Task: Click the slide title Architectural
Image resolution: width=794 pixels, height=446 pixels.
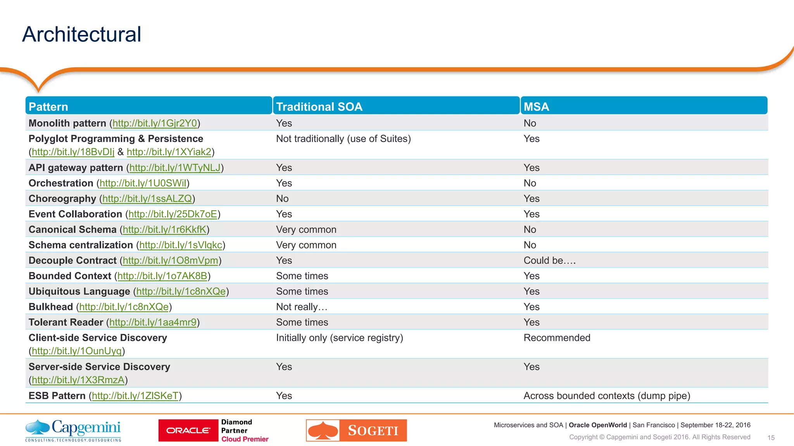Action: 82,34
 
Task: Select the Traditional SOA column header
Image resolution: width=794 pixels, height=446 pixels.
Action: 319,106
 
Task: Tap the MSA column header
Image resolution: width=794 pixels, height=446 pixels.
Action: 536,106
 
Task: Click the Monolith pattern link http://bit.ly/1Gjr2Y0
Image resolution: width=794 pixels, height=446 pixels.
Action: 155,123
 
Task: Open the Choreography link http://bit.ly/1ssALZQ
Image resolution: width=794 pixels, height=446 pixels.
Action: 147,199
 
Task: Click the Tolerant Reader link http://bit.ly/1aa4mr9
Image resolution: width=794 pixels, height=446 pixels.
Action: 153,322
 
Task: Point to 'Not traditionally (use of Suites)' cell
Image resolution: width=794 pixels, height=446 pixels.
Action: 343,139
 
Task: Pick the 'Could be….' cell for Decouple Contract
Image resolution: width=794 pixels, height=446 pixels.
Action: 549,261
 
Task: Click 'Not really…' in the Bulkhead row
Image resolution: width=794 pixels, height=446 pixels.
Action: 302,307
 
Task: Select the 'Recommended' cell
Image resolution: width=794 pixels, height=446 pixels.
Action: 557,338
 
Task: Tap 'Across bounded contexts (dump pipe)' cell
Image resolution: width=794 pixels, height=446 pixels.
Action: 607,396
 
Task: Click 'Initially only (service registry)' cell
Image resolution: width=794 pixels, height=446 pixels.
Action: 339,338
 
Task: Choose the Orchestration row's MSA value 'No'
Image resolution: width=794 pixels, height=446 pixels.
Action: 530,183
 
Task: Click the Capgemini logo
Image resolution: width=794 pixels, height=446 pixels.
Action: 73,430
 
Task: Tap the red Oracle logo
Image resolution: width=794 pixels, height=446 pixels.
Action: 188,430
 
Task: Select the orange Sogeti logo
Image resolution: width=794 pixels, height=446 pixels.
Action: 356,430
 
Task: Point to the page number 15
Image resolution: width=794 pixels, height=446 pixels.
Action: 771,437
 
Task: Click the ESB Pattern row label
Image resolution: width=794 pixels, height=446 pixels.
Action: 57,396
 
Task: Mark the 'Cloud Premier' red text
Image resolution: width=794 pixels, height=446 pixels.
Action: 245,439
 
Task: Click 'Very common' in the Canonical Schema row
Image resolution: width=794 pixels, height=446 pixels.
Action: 306,230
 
